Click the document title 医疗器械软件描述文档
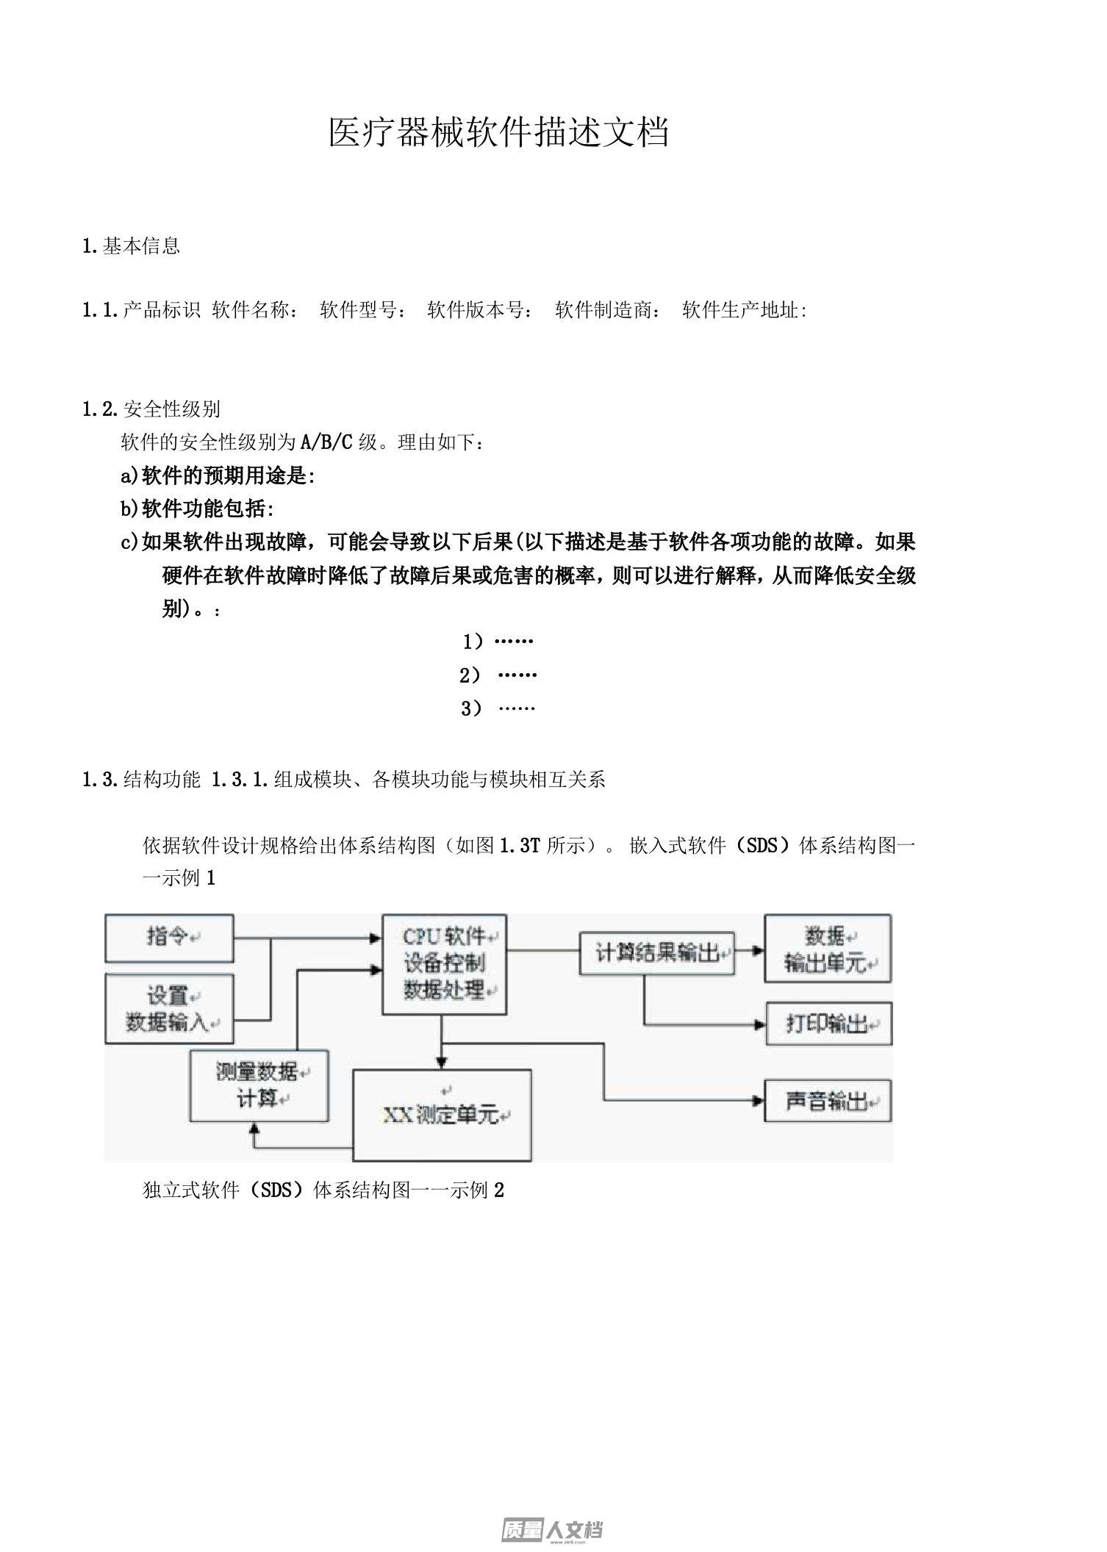click(x=498, y=133)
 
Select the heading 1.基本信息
click(x=132, y=245)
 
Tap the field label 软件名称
click(x=254, y=310)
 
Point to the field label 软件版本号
click(x=480, y=310)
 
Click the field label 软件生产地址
click(x=745, y=310)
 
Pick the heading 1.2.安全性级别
click(x=151, y=409)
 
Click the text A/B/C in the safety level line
click(x=327, y=442)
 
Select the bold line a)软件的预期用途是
click(x=218, y=475)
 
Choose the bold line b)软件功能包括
click(x=198, y=509)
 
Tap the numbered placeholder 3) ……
click(x=498, y=708)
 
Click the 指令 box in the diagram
click(x=169, y=938)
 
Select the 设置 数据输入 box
click(x=169, y=1008)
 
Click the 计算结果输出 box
click(x=657, y=954)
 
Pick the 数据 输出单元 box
click(x=828, y=949)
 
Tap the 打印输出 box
click(x=828, y=1023)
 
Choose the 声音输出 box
click(x=828, y=1100)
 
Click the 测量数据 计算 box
click(x=259, y=1085)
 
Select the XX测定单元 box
click(x=442, y=1115)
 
